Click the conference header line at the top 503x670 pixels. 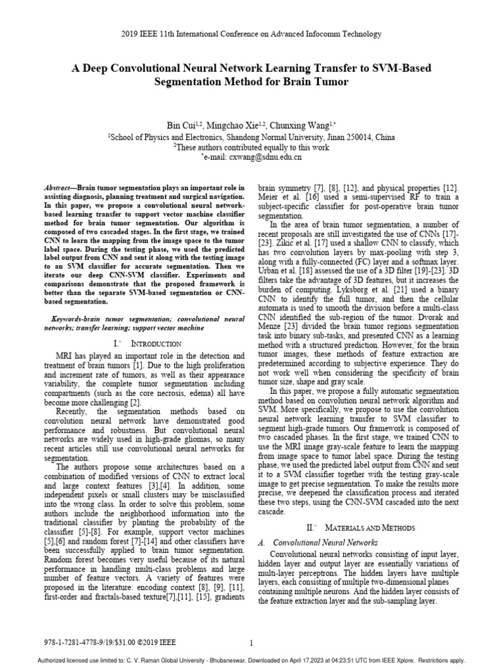tap(251, 33)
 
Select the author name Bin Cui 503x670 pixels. tap(184, 124)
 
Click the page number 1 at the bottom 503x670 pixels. tap(251, 643)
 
